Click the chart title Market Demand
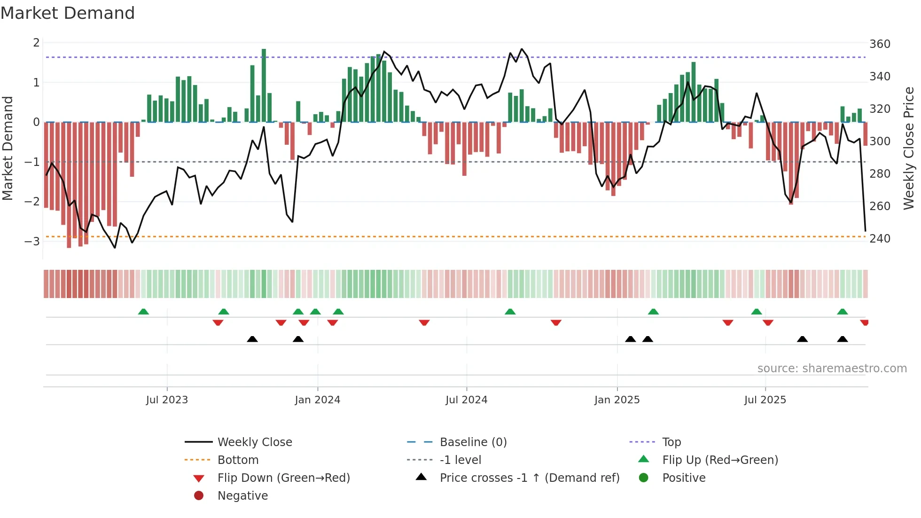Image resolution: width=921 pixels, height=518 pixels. coord(68,13)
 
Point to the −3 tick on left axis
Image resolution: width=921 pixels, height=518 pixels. coord(32,241)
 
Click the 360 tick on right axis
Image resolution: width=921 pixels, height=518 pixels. coord(880,44)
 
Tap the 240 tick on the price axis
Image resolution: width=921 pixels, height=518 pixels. coord(880,239)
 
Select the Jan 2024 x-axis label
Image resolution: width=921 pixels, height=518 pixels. coord(317,400)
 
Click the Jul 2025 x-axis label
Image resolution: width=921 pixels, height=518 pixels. coord(765,400)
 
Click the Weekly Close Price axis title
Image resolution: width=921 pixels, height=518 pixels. coord(909,148)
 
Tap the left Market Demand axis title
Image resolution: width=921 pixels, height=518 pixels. coord(8,148)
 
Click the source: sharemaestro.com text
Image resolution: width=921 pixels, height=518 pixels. coord(832,368)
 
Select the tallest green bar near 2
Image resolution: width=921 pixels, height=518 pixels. coord(264,85)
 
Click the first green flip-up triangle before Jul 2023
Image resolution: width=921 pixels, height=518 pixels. coord(143,312)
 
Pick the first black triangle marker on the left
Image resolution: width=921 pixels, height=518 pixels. coord(252,339)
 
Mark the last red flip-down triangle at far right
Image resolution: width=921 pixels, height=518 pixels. coord(864,322)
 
